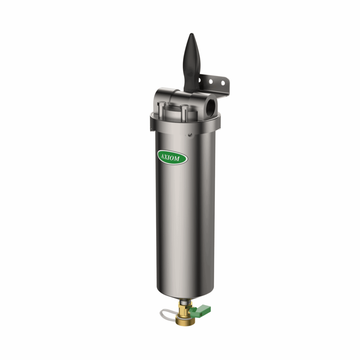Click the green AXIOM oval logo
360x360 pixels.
coord(172,157)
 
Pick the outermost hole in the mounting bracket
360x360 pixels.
coord(223,83)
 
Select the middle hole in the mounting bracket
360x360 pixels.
coord(211,81)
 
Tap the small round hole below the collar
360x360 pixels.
coord(189,134)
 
